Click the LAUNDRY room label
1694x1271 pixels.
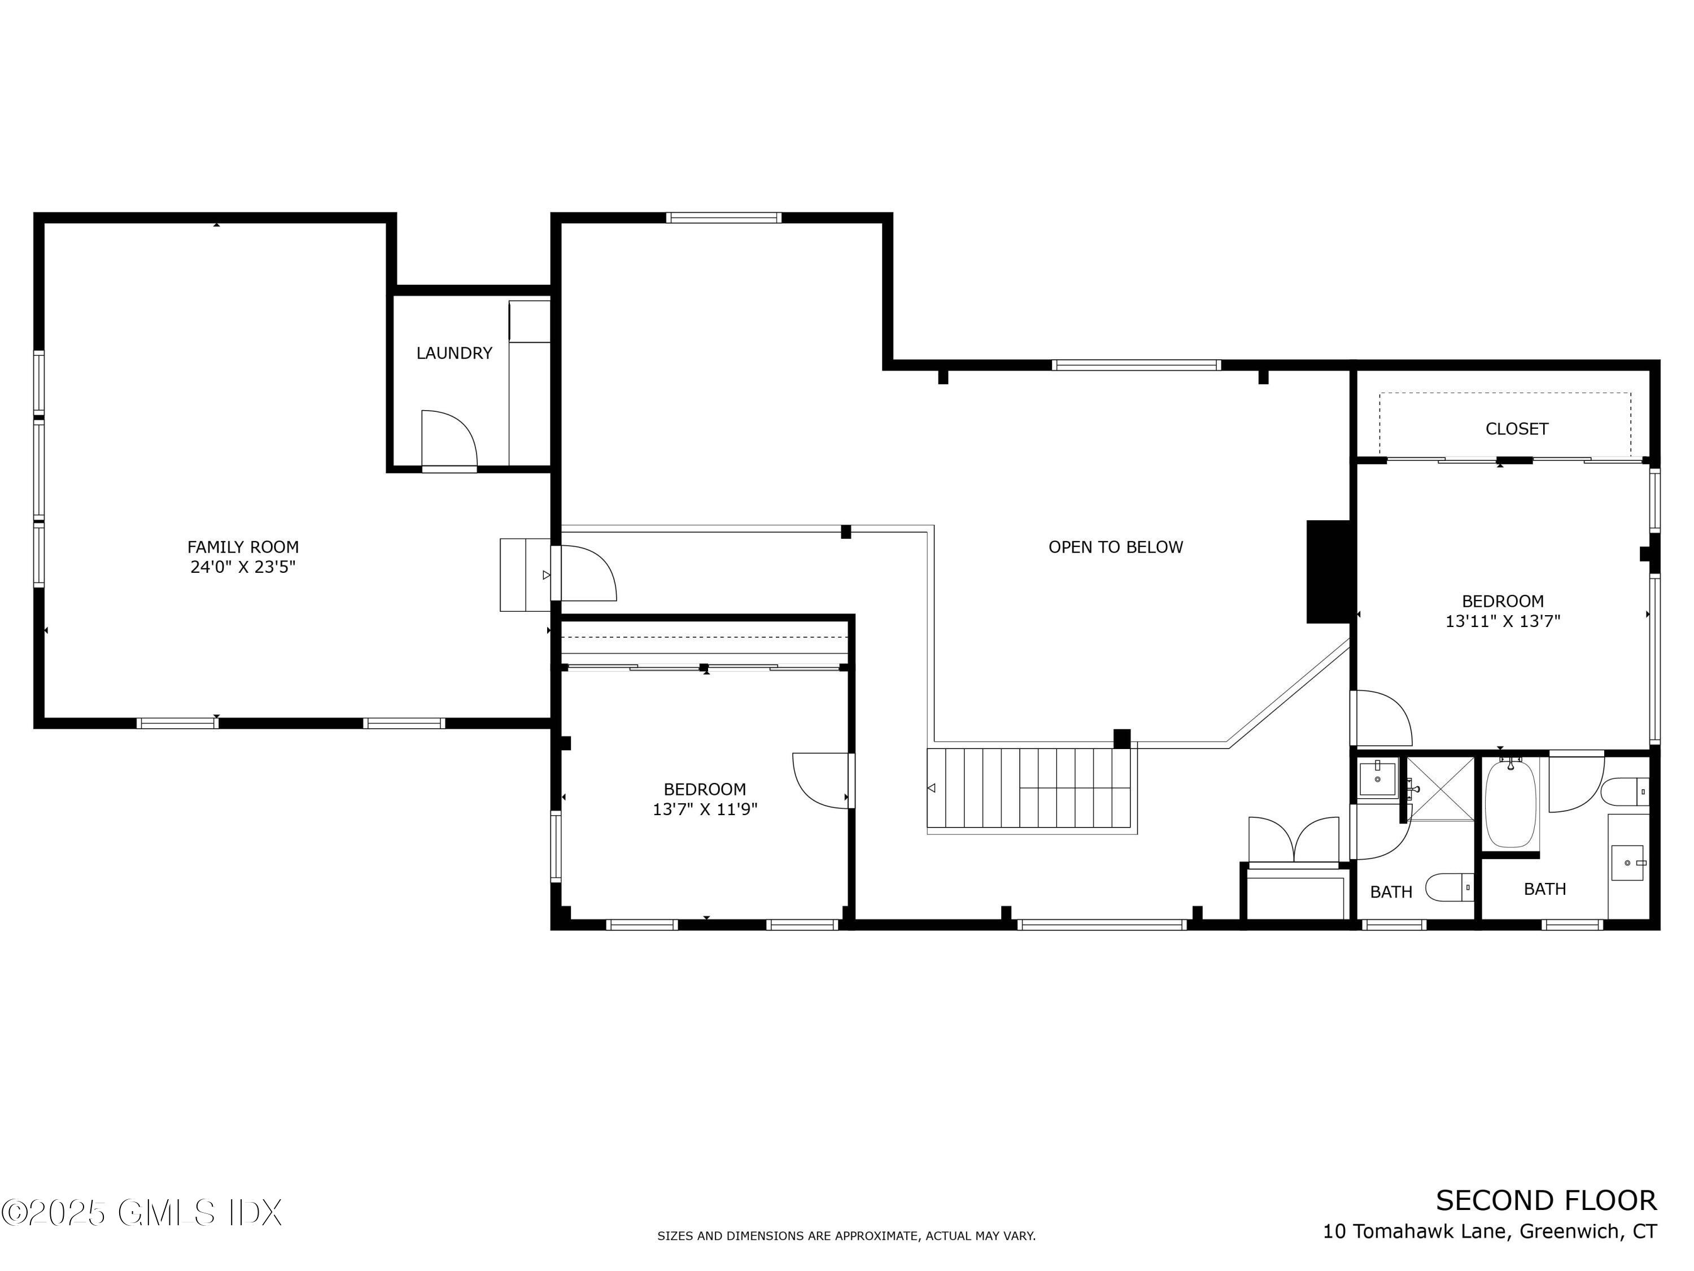tap(453, 353)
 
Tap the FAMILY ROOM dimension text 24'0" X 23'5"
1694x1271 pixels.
tap(243, 568)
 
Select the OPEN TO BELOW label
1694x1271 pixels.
tap(1115, 547)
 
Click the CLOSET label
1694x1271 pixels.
tap(1516, 429)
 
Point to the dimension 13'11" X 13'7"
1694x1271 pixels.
tap(1502, 621)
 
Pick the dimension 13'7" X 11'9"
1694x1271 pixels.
tap(705, 810)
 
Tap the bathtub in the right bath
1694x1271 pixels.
tap(1510, 803)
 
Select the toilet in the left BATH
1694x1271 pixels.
tap(1449, 888)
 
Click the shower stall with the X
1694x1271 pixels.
tap(1440, 789)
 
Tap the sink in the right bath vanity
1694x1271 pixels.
tap(1627, 863)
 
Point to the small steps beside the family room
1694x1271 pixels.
tap(525, 574)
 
